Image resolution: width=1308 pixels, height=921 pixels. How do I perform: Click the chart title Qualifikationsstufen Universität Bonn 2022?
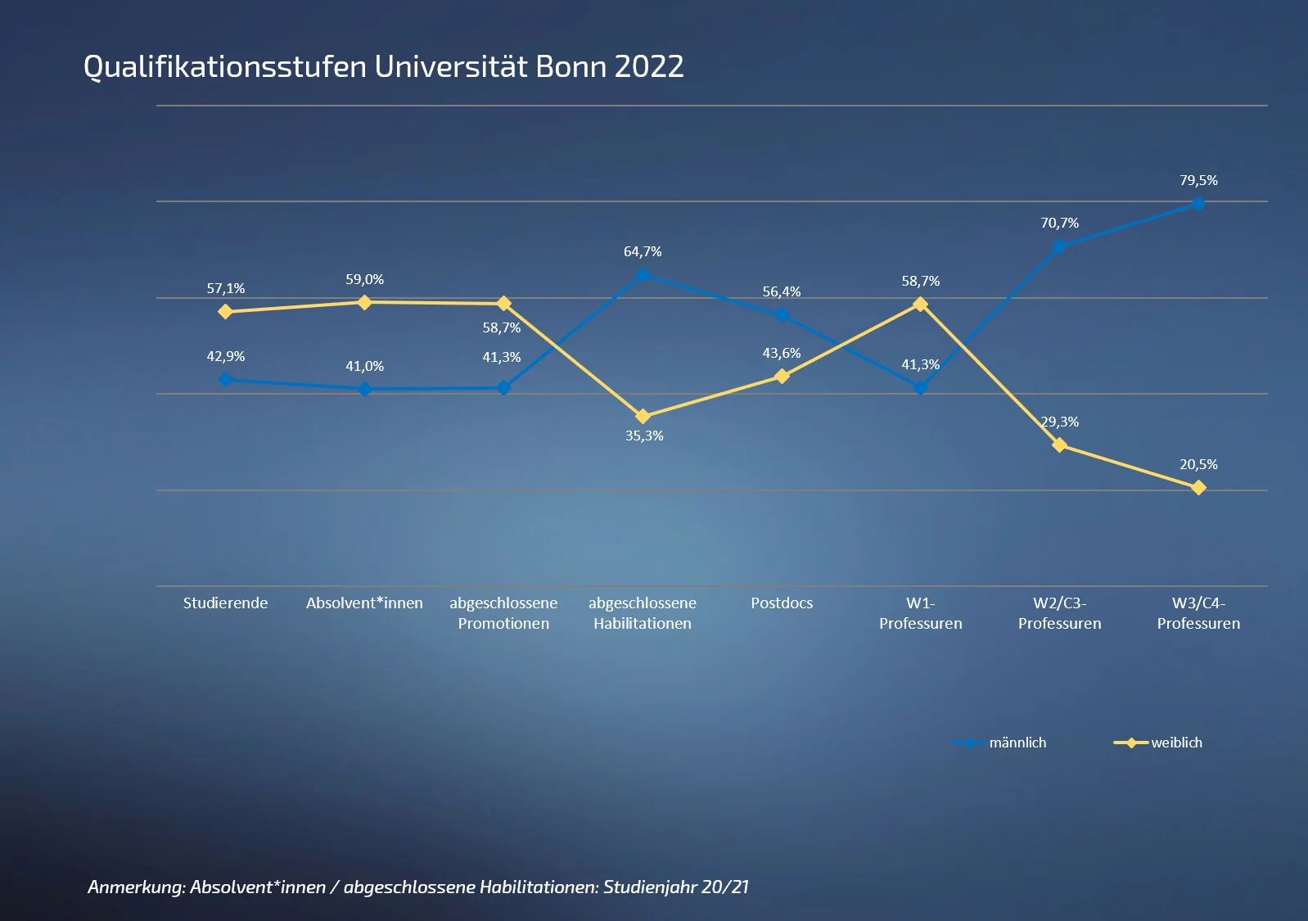[383, 67]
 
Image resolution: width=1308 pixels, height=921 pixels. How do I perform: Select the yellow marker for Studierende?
[225, 312]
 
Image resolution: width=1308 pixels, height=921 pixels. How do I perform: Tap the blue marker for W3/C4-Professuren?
[1198, 204]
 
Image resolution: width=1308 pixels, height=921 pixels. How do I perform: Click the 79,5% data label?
[1198, 180]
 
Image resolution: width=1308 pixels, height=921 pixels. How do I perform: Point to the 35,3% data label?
[644, 436]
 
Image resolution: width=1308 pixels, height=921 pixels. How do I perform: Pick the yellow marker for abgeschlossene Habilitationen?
[643, 417]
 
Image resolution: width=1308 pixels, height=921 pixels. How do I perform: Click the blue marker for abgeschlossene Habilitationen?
[643, 275]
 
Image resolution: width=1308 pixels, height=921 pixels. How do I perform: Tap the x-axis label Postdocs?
[782, 603]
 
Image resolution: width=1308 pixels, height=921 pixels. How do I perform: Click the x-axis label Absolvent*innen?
[364, 603]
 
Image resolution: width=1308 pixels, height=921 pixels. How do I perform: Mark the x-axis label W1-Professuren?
[920, 613]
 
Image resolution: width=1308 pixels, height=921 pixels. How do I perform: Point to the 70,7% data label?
[1059, 223]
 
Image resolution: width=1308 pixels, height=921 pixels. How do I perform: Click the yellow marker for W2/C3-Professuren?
[1059, 445]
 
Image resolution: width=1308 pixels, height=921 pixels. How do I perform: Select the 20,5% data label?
[1198, 464]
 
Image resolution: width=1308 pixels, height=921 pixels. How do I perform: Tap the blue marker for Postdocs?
[782, 315]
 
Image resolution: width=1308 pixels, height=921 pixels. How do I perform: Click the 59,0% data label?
[364, 279]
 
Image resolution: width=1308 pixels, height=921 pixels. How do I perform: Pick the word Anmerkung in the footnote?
[135, 887]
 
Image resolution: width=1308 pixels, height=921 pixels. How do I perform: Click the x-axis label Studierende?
[225, 603]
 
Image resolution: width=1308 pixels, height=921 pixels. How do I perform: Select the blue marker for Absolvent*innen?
[364, 390]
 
